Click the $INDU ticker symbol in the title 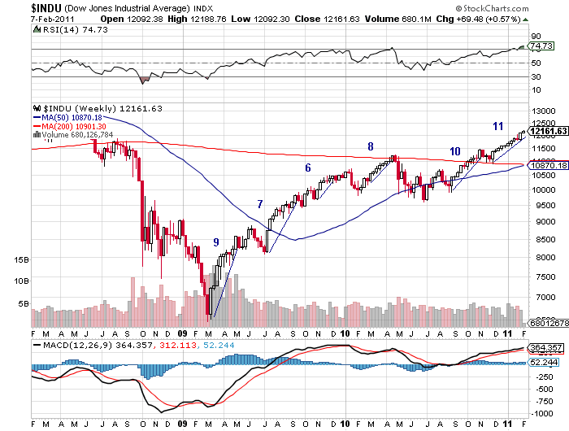[19, 7]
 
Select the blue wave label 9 [215, 242]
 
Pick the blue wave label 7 [260, 204]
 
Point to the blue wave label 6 [308, 168]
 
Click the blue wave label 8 [371, 146]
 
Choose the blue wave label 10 [454, 151]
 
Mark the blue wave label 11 [498, 125]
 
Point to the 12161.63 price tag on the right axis [548, 130]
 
